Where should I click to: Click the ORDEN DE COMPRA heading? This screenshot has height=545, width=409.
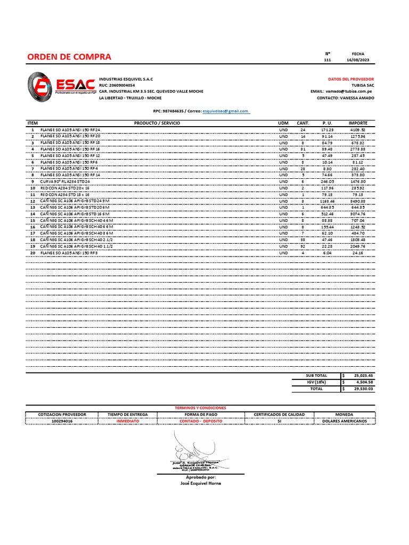click(x=69, y=57)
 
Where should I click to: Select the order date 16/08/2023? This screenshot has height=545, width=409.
click(x=358, y=60)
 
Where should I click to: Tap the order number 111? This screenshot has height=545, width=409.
click(x=327, y=60)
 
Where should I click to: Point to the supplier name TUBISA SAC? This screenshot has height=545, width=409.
click(x=363, y=85)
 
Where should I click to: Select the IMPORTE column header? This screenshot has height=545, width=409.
click(x=358, y=123)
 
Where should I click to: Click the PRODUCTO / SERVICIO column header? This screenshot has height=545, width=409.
click(x=157, y=123)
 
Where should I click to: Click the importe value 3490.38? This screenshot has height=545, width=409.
click(x=358, y=201)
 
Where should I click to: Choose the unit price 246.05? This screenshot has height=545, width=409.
click(x=327, y=181)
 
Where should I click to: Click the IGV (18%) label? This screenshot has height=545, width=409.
click(x=317, y=382)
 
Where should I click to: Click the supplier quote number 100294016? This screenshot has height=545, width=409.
click(x=62, y=421)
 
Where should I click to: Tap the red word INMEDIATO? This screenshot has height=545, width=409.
click(x=127, y=421)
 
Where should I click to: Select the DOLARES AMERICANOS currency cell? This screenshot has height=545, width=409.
click(x=344, y=421)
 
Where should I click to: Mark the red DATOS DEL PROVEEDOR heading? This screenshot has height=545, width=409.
click(x=351, y=78)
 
